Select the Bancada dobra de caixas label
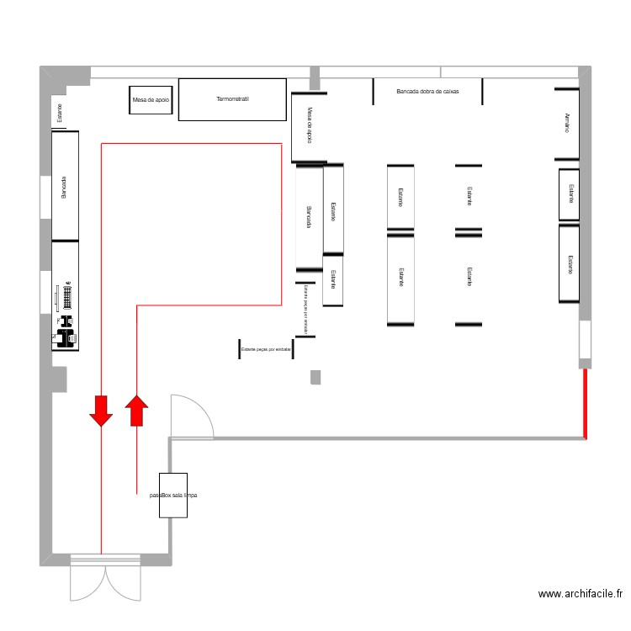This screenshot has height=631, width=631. tap(427, 91)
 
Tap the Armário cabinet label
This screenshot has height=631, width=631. tap(568, 123)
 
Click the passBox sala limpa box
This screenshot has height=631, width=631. tap(172, 496)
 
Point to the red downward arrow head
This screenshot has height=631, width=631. tap(101, 411)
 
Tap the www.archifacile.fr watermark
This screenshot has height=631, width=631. tap(581, 594)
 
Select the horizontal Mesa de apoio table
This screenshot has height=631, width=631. tap(151, 99)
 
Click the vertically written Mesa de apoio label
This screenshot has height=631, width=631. tap(309, 125)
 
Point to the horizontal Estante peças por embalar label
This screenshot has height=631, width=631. tap(266, 348)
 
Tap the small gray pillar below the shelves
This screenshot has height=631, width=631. tap(315, 377)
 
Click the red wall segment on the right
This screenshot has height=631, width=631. tap(585, 404)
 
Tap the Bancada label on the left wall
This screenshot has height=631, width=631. tap(64, 187)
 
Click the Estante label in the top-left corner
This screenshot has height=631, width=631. tap(59, 113)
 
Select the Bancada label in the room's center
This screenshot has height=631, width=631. tap(309, 217)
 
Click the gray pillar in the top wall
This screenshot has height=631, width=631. tap(315, 78)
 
